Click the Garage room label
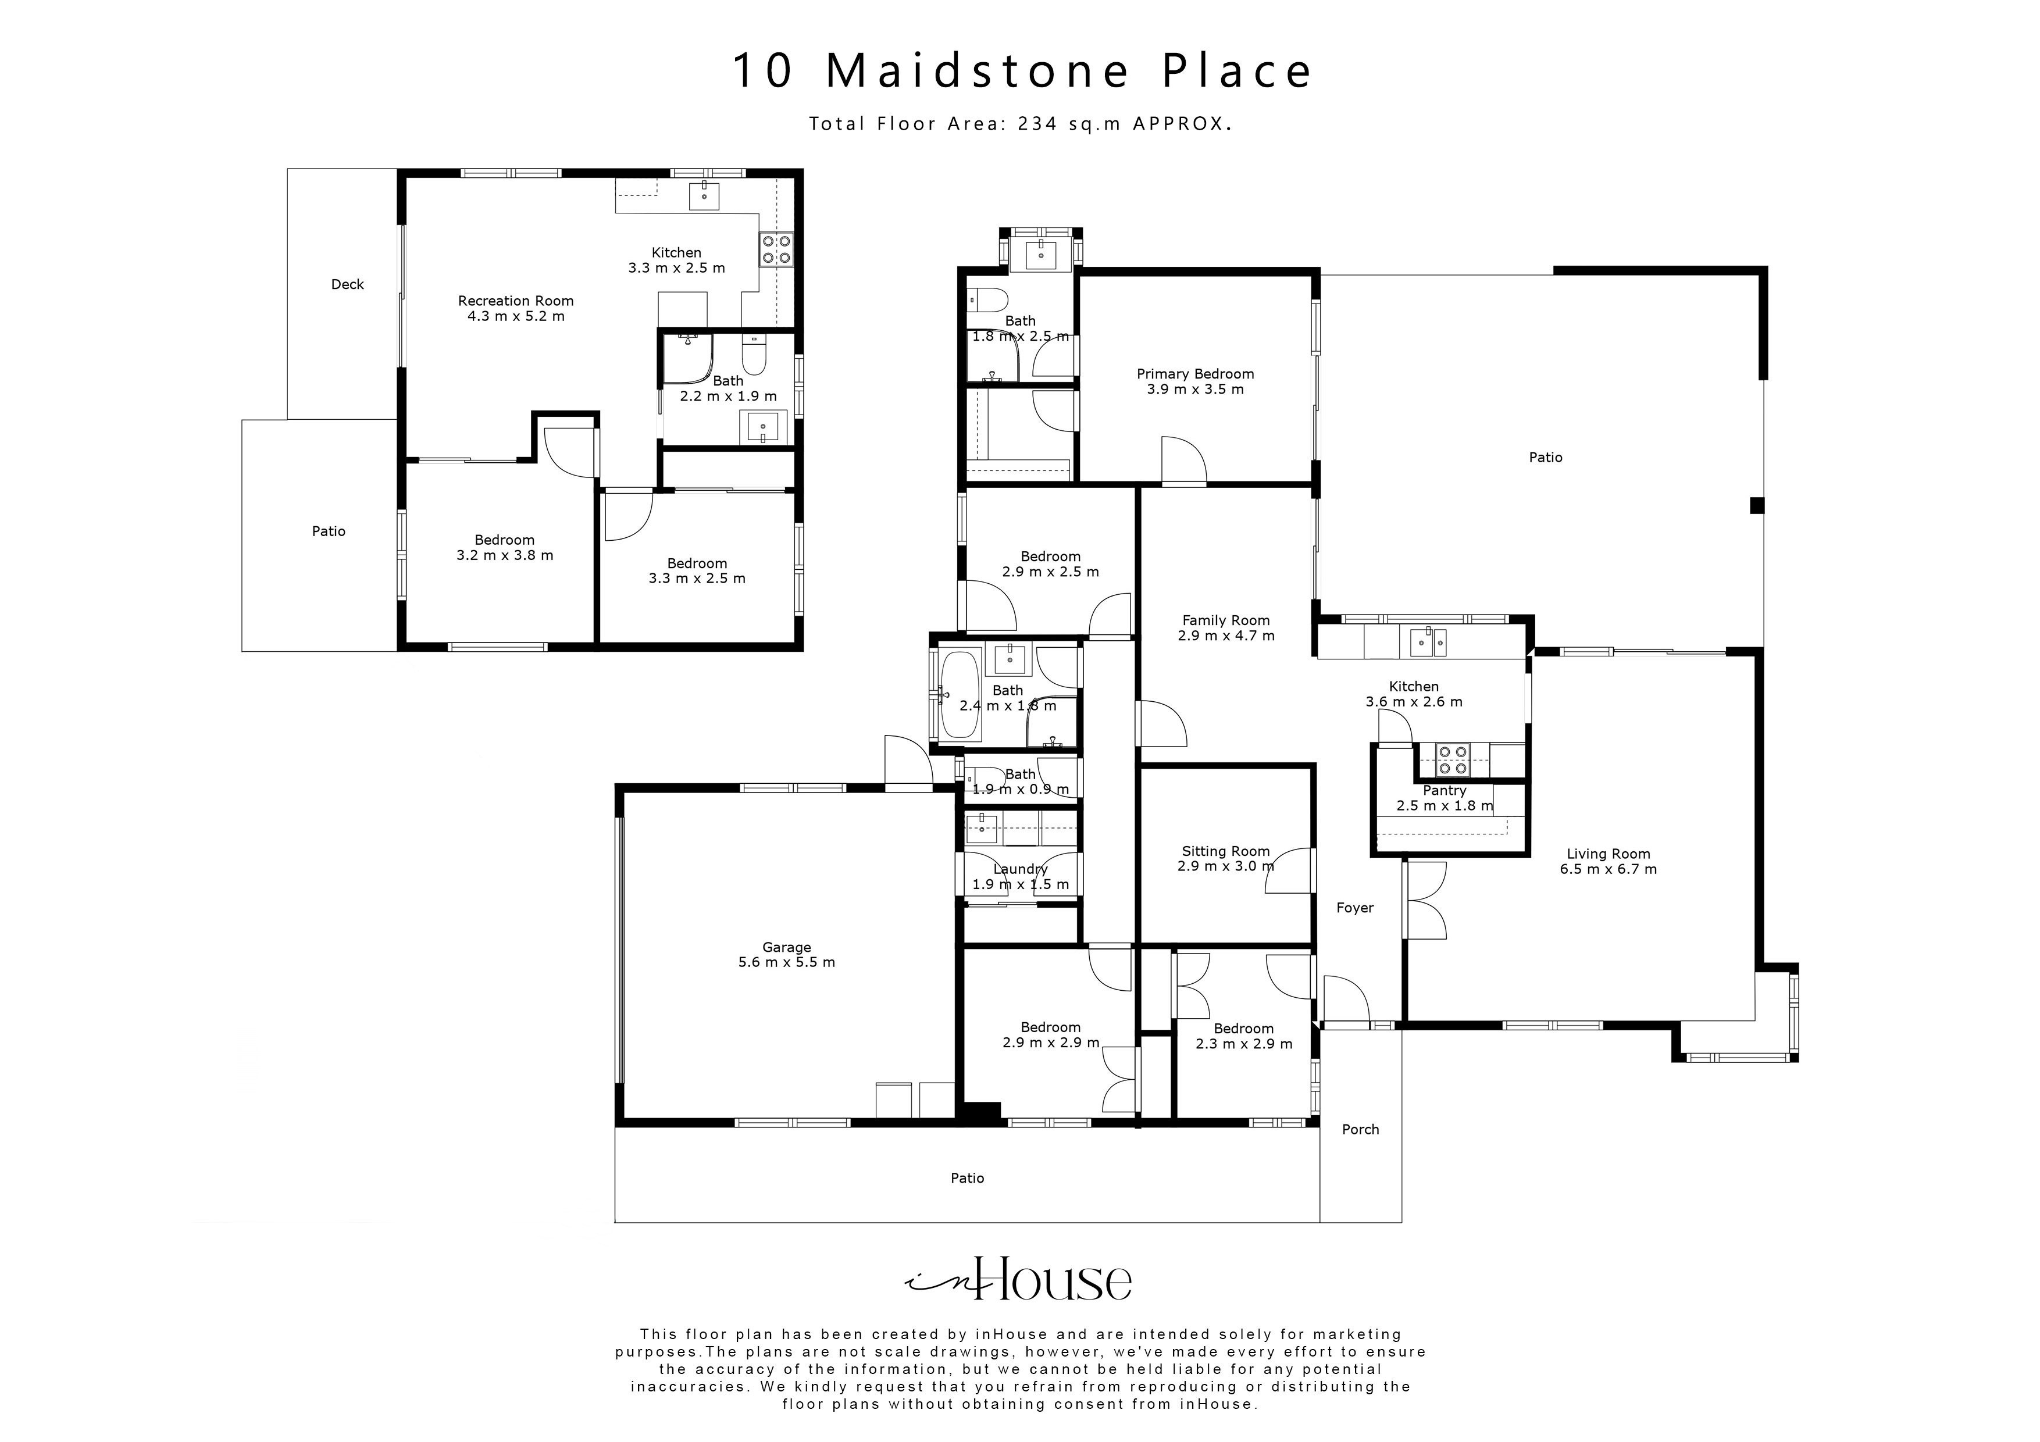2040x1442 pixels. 786,947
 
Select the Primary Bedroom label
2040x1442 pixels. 1195,374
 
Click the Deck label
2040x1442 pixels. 347,284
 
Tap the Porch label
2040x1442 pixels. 1360,1129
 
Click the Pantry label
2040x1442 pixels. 1444,791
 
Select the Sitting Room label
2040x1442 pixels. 1225,851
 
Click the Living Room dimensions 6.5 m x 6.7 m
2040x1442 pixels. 1608,869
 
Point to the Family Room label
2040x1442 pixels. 1225,620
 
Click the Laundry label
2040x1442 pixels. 1020,869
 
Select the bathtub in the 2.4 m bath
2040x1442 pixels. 960,695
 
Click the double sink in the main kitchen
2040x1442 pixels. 1427,641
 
